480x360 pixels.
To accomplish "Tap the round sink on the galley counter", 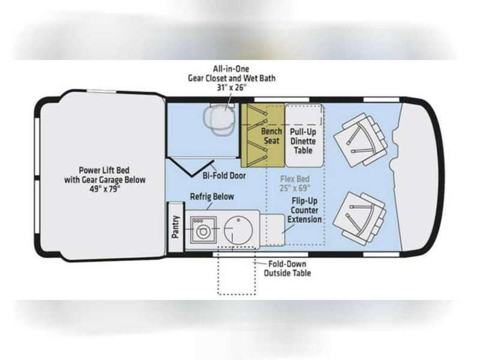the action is pyautogui.click(x=238, y=230).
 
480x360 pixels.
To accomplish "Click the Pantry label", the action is pyautogui.click(x=175, y=227).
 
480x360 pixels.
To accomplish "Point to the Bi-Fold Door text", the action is pyautogui.click(x=224, y=176).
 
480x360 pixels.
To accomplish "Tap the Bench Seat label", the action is pyautogui.click(x=271, y=136).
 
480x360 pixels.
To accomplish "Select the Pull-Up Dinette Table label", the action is pyautogui.click(x=303, y=141).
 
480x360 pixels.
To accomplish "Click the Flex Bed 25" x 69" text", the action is pyautogui.click(x=295, y=184).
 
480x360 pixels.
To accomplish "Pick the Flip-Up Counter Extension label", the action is pyautogui.click(x=304, y=211).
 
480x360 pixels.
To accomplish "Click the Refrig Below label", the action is pyautogui.click(x=212, y=197).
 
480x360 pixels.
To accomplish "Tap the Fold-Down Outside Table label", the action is pyautogui.click(x=287, y=268).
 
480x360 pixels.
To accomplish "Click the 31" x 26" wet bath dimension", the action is pyautogui.click(x=232, y=88).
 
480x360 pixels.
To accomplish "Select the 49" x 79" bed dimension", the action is pyautogui.click(x=104, y=189).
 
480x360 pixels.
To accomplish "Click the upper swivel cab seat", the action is pyautogui.click(x=361, y=140).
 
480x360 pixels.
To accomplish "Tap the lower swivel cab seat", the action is pyautogui.click(x=359, y=219).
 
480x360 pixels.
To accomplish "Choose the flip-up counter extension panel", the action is pyautogui.click(x=272, y=230).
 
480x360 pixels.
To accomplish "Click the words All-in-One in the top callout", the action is pyautogui.click(x=231, y=69).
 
